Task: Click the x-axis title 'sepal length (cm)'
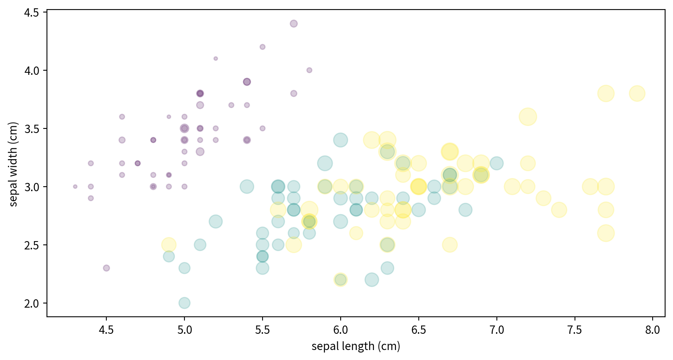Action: pyautogui.click(x=356, y=346)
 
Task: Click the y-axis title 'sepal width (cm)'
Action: pyautogui.click(x=13, y=164)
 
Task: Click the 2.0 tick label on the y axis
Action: pyautogui.click(x=32, y=303)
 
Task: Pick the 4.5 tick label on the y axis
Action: pyautogui.click(x=32, y=13)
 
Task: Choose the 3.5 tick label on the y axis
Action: pyautogui.click(x=32, y=129)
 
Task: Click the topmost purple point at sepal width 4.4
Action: pyautogui.click(x=294, y=24)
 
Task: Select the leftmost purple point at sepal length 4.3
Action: pyautogui.click(x=75, y=187)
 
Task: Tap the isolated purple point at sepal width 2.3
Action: pyautogui.click(x=106, y=268)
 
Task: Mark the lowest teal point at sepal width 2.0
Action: pyautogui.click(x=184, y=303)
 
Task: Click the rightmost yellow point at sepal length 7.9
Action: pyautogui.click(x=637, y=94)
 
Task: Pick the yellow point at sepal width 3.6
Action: pyautogui.click(x=528, y=117)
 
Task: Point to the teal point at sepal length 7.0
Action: pyautogui.click(x=496, y=163)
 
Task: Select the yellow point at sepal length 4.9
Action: pyautogui.click(x=169, y=245)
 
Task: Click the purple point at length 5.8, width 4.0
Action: pyautogui.click(x=309, y=70)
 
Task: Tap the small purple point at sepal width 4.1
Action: pyautogui.click(x=216, y=59)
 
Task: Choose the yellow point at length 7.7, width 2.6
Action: pyautogui.click(x=606, y=233)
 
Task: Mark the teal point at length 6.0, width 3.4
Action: pyautogui.click(x=341, y=140)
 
